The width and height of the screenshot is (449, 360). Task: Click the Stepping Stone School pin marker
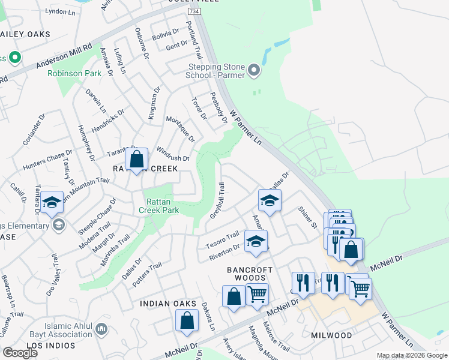[254, 71]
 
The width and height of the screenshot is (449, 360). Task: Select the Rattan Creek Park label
[159, 206]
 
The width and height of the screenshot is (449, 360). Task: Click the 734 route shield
[193, 11]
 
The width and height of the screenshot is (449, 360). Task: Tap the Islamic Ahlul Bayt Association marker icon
[101, 329]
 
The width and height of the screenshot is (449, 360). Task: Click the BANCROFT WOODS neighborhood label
[250, 270]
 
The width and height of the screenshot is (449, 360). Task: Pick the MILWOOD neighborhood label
[331, 334]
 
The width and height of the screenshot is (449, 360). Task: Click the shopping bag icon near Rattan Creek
[137, 160]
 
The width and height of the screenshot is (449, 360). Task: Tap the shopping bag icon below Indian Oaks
[187, 322]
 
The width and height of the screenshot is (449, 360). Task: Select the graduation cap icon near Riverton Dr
[256, 242]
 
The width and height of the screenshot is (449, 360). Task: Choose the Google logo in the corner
[20, 353]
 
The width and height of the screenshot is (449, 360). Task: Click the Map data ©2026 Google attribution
[411, 355]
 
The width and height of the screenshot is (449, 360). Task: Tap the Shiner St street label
[307, 217]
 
